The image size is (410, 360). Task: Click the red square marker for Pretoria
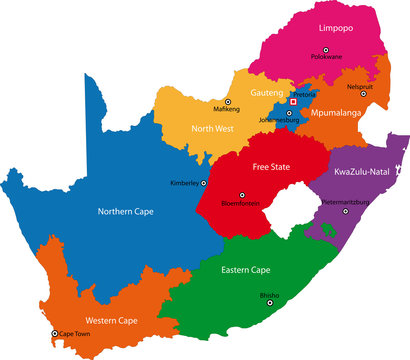click(x=293, y=101)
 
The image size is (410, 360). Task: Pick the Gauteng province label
click(x=267, y=91)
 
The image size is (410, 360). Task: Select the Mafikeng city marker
click(x=228, y=102)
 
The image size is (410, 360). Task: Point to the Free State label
click(x=270, y=167)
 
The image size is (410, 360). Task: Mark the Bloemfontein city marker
click(x=240, y=196)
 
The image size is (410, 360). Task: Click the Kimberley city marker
click(x=204, y=183)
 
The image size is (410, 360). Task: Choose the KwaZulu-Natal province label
click(x=364, y=174)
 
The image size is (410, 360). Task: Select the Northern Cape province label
click(x=127, y=211)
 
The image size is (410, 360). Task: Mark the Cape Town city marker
click(x=55, y=334)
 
